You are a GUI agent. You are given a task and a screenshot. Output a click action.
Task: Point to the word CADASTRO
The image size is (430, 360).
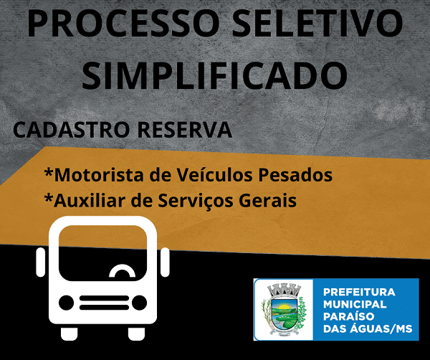(x=71, y=130)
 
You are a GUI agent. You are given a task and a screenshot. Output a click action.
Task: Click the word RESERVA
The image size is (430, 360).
(x=185, y=130)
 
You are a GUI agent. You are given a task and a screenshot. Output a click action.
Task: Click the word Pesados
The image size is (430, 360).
(x=295, y=174)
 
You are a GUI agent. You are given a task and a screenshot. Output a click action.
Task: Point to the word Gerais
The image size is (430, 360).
(x=267, y=200)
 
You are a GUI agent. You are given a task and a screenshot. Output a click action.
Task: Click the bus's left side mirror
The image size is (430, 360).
(x=41, y=262)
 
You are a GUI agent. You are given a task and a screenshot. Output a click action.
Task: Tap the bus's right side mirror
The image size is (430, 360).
(x=165, y=262)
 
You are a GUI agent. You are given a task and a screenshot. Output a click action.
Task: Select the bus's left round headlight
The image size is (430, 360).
(x=67, y=303)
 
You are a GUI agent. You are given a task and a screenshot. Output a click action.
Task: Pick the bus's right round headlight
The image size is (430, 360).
(x=139, y=303)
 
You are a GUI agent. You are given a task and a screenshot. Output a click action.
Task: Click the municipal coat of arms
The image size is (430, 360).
(x=284, y=310)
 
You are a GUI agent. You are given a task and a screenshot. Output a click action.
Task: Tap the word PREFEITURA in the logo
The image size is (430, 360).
(x=359, y=292)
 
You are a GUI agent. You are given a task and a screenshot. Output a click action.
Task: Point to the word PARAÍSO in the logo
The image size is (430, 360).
(x=349, y=316)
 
